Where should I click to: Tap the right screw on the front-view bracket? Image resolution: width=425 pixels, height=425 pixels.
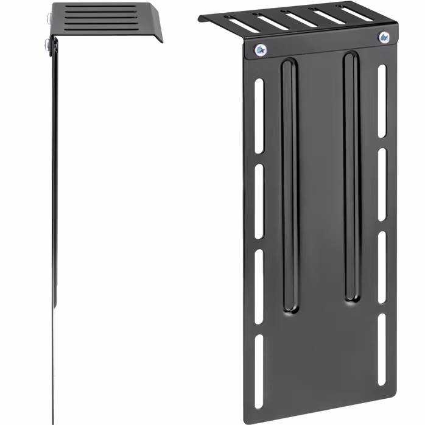384,38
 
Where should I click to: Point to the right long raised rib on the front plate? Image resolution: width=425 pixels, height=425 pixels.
351,177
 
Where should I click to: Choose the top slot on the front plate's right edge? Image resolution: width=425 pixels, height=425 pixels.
382,97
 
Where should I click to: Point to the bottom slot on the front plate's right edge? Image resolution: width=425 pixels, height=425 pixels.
382,349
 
